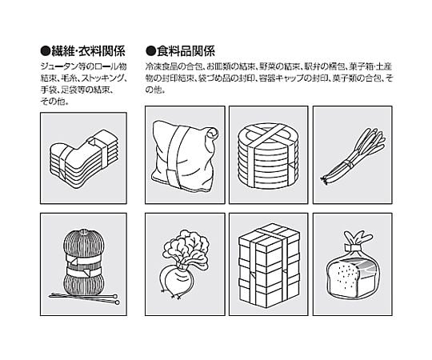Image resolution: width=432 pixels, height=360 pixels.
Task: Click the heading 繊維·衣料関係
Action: [88, 51]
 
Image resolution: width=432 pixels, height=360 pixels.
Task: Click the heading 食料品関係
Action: [186, 51]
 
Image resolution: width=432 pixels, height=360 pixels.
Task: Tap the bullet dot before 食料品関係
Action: [150, 51]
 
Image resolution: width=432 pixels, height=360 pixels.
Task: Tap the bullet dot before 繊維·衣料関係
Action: [46, 51]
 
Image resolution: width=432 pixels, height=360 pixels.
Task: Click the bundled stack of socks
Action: [84, 158]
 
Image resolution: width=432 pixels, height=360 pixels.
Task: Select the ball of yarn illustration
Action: [84, 262]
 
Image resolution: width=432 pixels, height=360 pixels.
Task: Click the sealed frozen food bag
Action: [185, 156]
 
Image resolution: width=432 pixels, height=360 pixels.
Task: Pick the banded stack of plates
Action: [268, 156]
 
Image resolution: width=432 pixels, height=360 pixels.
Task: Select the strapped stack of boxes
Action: [269, 265]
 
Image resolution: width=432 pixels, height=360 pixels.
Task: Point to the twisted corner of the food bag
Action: [212, 134]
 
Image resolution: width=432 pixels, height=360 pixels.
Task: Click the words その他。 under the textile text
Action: [54, 102]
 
